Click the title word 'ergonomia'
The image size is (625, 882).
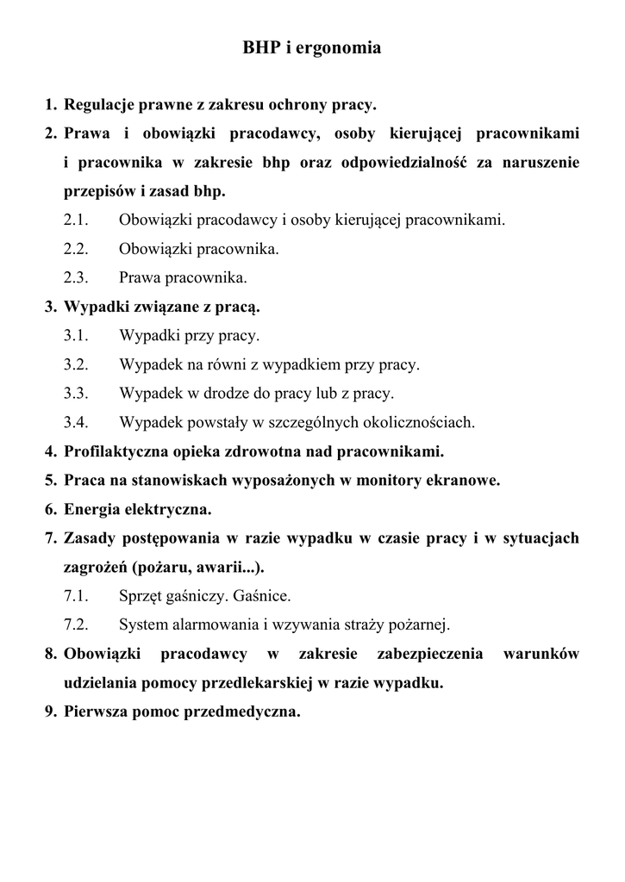click(339, 49)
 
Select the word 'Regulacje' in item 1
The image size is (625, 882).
click(96, 106)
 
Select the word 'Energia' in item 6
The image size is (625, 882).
click(91, 509)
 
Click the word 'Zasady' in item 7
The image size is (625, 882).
click(88, 538)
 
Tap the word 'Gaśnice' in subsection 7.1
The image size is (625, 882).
click(266, 596)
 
